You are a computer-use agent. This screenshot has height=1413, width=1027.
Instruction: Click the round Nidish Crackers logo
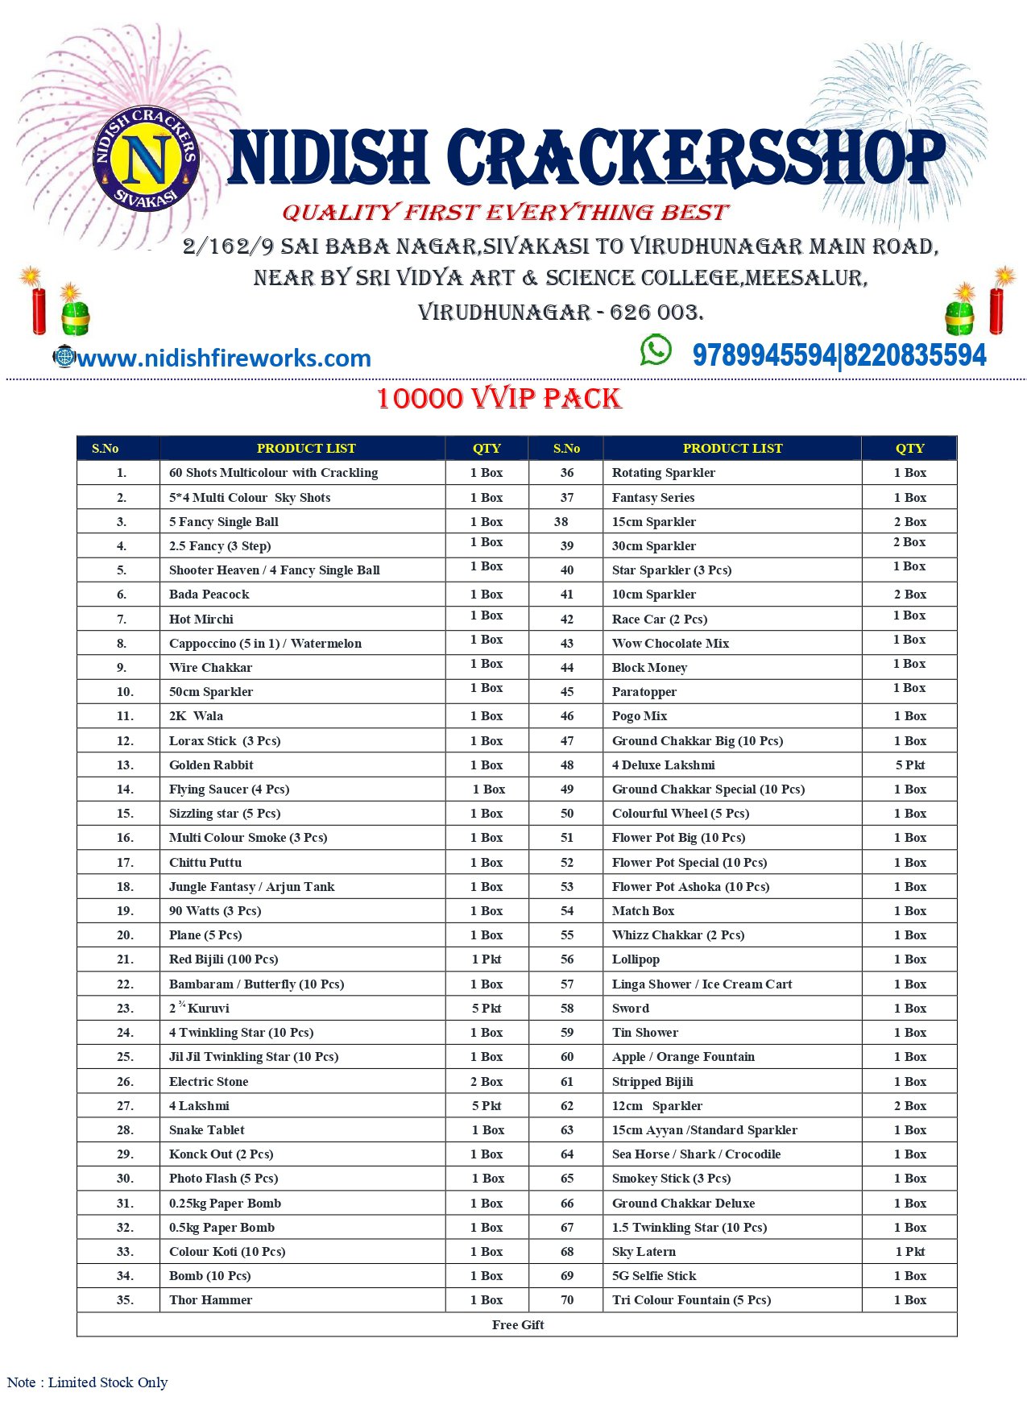tap(145, 158)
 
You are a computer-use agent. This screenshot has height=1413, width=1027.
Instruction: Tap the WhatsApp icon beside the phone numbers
tap(656, 350)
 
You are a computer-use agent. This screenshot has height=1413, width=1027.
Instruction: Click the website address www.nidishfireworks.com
tap(224, 358)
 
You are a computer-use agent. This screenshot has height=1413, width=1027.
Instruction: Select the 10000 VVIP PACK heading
tap(499, 399)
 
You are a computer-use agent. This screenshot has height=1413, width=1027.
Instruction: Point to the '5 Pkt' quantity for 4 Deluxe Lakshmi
tap(910, 765)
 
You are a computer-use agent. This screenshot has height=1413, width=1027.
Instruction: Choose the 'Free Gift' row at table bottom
tap(518, 1325)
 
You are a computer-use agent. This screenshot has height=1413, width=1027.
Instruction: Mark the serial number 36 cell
tap(567, 473)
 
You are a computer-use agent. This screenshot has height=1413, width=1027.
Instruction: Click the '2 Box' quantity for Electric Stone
tap(487, 1082)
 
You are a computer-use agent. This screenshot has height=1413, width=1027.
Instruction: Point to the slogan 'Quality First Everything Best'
tap(505, 213)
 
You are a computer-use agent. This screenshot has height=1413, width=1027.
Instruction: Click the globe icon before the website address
tap(64, 356)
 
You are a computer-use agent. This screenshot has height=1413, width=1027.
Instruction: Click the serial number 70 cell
tap(567, 1300)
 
